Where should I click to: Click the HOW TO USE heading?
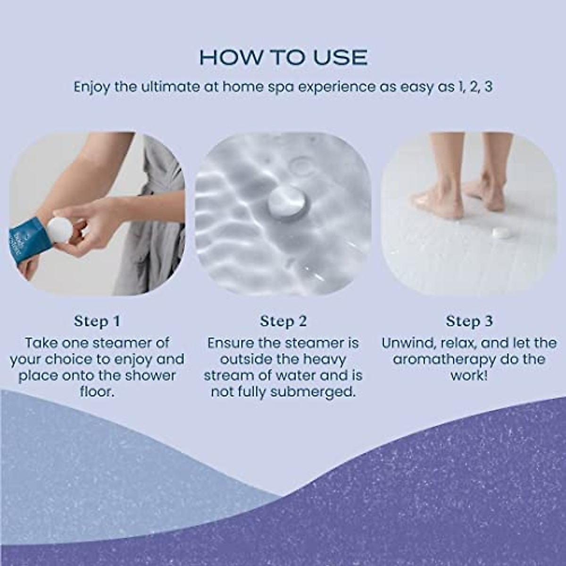pos(283,58)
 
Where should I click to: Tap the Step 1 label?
pos(97,321)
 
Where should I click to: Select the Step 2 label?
pos(283,321)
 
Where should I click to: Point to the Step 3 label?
pos(469,321)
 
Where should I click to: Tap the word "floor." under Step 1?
pos(97,392)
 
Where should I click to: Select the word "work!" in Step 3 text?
pos(469,376)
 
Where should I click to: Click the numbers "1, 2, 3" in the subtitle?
pos(474,88)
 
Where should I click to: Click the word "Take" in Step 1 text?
pos(41,343)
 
